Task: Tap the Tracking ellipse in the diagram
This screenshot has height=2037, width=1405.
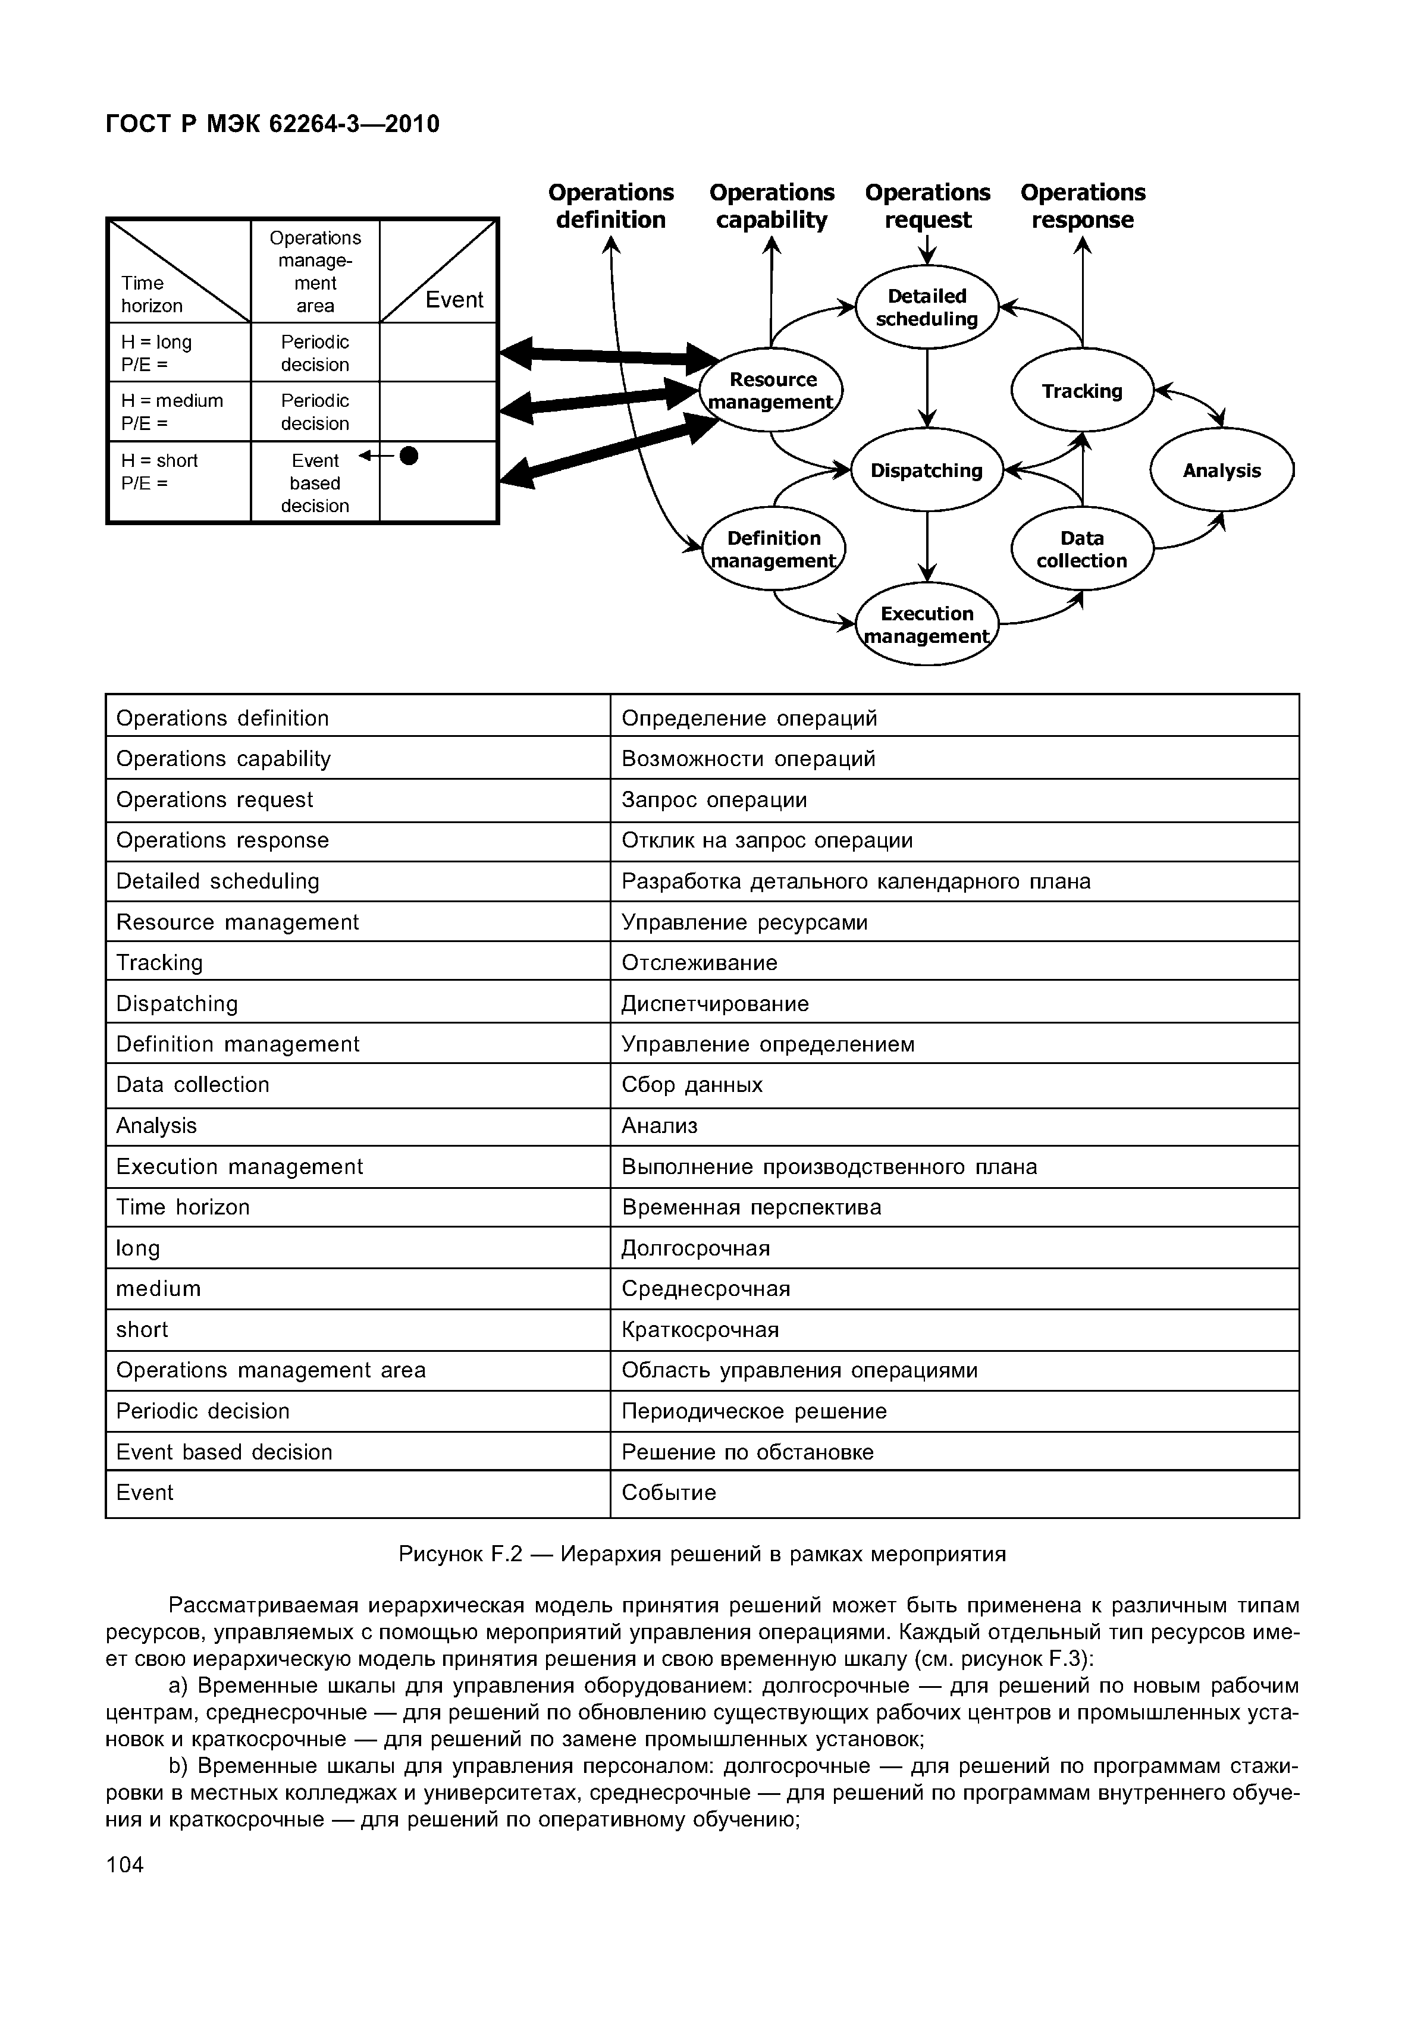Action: [1082, 391]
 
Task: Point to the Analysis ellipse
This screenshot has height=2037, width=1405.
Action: [1222, 470]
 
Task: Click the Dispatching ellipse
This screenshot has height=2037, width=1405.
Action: [927, 470]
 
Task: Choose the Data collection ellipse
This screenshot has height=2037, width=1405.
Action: [1082, 550]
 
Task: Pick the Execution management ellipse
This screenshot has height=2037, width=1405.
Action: [927, 624]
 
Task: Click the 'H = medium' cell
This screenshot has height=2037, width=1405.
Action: [178, 411]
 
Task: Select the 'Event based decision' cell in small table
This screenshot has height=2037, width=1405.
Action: [315, 482]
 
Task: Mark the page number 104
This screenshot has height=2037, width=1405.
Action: [124, 1863]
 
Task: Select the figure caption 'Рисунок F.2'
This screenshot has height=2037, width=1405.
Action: [702, 1553]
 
